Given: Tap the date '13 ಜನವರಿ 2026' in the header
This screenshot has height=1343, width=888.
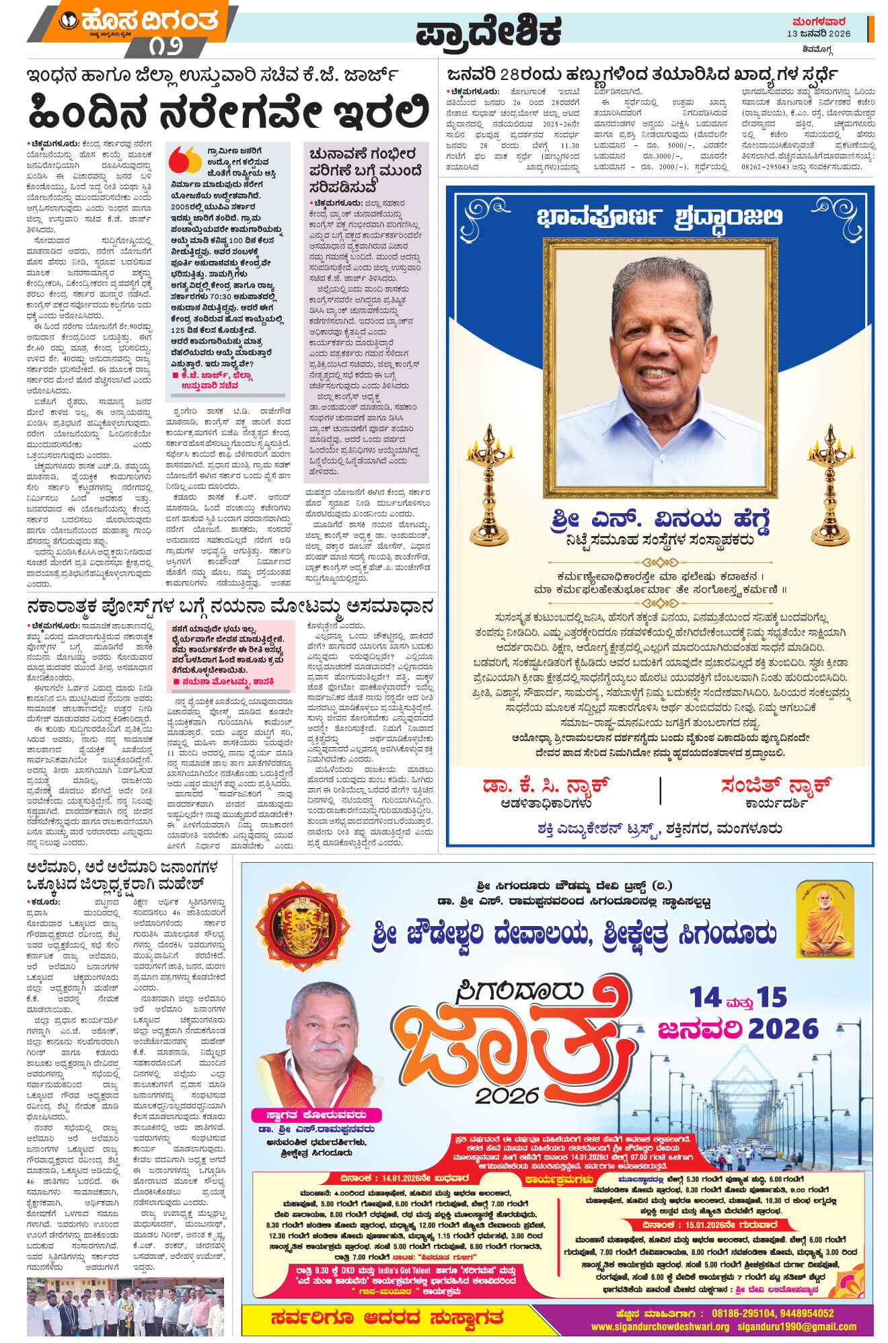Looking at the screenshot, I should pyautogui.click(x=819, y=34).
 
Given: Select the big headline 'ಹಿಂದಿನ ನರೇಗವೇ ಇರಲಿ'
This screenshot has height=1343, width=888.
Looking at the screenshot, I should pyautogui.click(x=229, y=112).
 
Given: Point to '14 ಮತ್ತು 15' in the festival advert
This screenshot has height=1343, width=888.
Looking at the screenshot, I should pyautogui.click(x=737, y=998).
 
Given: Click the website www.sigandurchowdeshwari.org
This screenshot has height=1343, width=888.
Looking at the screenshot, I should pyautogui.click(x=660, y=1327).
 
